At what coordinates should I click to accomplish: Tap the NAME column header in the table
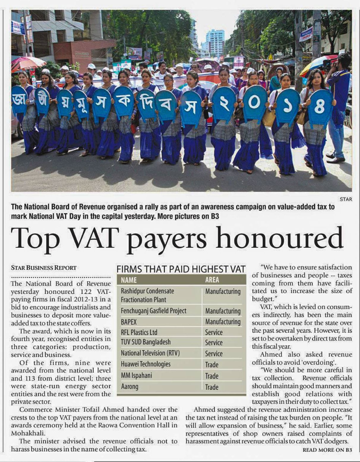tap(129, 280)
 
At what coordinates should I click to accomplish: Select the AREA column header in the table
tap(212, 280)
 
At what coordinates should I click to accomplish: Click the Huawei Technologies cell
tap(146, 364)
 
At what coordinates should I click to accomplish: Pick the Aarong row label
tap(130, 386)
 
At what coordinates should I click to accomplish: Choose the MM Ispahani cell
tap(136, 375)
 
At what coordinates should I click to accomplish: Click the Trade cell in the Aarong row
tap(211, 387)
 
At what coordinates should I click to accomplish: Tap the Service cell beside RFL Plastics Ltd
tap(214, 332)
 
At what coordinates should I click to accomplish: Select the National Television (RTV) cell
tap(150, 353)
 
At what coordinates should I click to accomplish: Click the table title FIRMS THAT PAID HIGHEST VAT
tap(181, 269)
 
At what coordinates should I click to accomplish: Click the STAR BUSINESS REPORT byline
tap(44, 268)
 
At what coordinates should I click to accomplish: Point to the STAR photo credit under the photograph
tap(346, 199)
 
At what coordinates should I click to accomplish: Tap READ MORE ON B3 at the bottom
tap(327, 450)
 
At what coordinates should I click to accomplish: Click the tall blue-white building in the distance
tap(215, 43)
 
